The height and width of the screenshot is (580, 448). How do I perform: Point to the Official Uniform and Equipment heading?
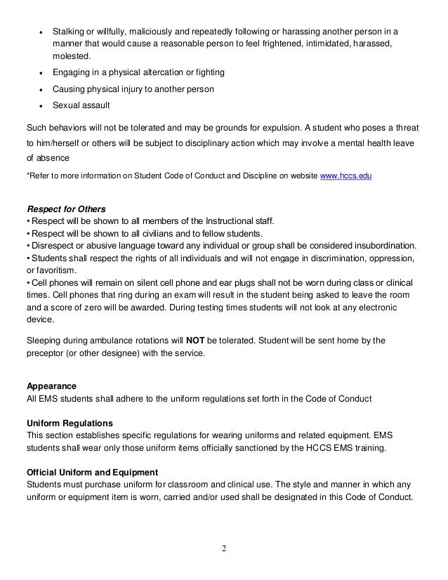91,470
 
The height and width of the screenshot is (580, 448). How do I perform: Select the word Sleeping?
44,341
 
